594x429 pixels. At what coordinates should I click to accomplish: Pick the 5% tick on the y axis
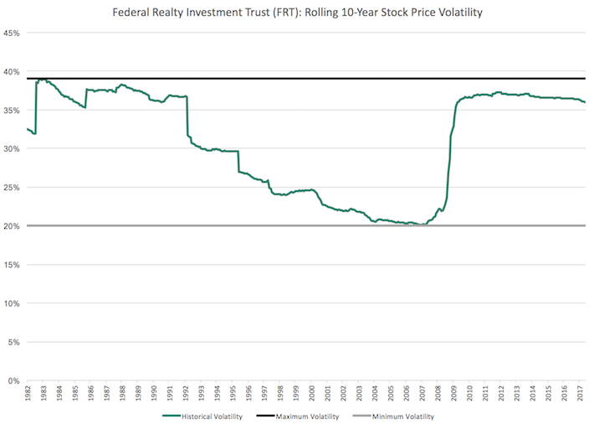14,342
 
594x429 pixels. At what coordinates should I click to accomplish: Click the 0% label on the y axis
14,380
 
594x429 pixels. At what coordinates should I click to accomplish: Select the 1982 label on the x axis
28,393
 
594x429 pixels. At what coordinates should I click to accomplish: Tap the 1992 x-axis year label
186,393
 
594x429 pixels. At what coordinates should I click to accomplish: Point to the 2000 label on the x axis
312,393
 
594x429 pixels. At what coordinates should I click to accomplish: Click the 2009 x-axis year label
453,393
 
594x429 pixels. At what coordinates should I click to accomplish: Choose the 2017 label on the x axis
580,393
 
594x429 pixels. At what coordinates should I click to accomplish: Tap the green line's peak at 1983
40,80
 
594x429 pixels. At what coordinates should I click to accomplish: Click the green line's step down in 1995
238,162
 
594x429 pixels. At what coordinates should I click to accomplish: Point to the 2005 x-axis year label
391,393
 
